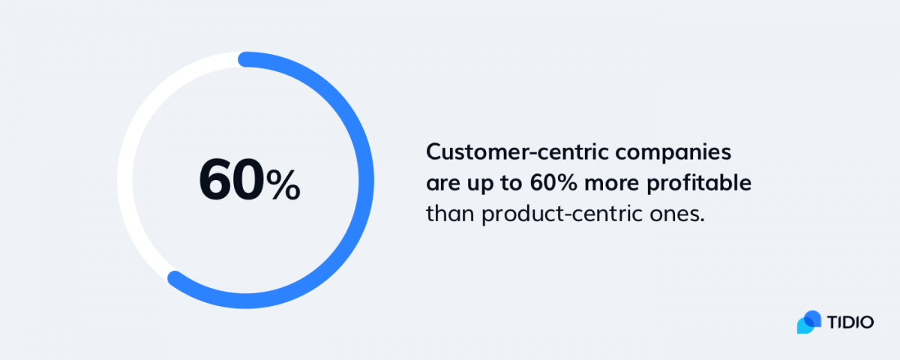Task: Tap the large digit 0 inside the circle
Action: (248, 179)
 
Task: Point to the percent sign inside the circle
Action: (283, 184)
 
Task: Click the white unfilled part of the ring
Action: (125, 180)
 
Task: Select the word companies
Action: (673, 154)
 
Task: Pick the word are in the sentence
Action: (442, 184)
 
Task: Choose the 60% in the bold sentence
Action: (553, 183)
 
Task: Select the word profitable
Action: (699, 184)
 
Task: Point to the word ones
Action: (677, 215)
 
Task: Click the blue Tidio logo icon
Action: (809, 322)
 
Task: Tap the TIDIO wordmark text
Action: (850, 322)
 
